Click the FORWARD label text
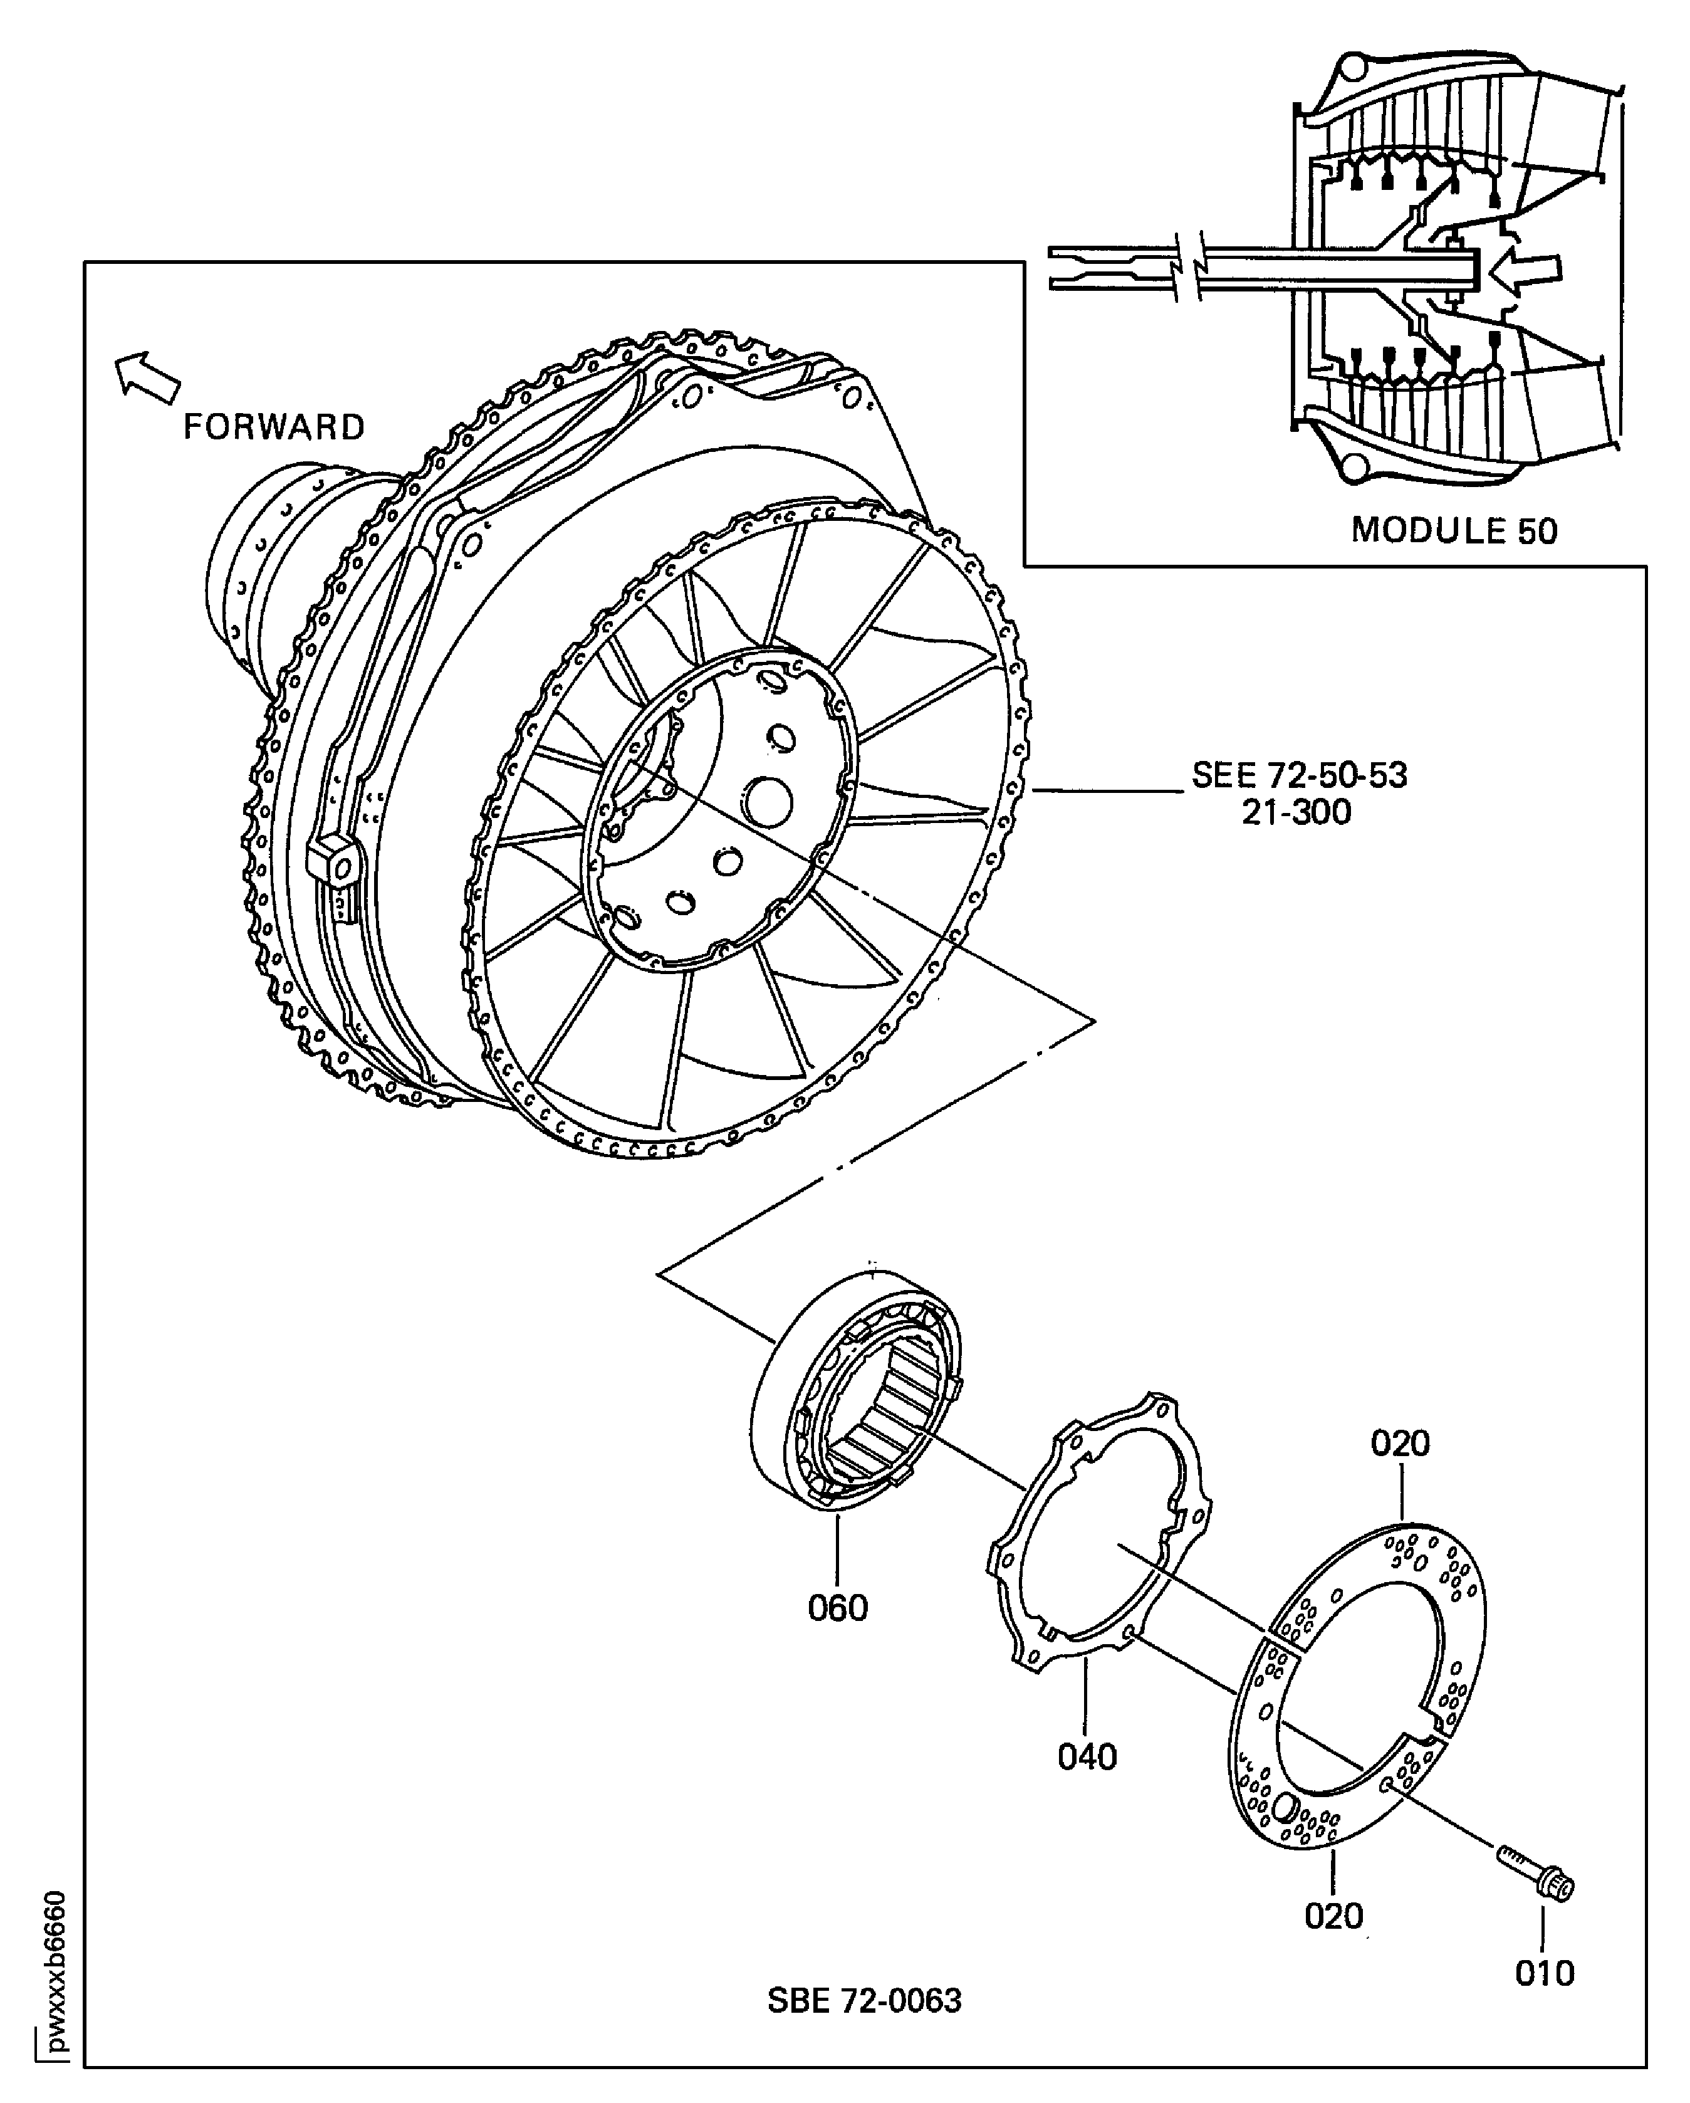tap(274, 427)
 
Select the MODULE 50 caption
tap(1453, 531)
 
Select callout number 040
tap(1087, 1757)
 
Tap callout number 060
tap(837, 1607)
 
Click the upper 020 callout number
tap(1399, 1444)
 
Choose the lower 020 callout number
tap(1333, 1916)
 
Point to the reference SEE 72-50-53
tap(1299, 775)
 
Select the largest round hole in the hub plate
tap(766, 802)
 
